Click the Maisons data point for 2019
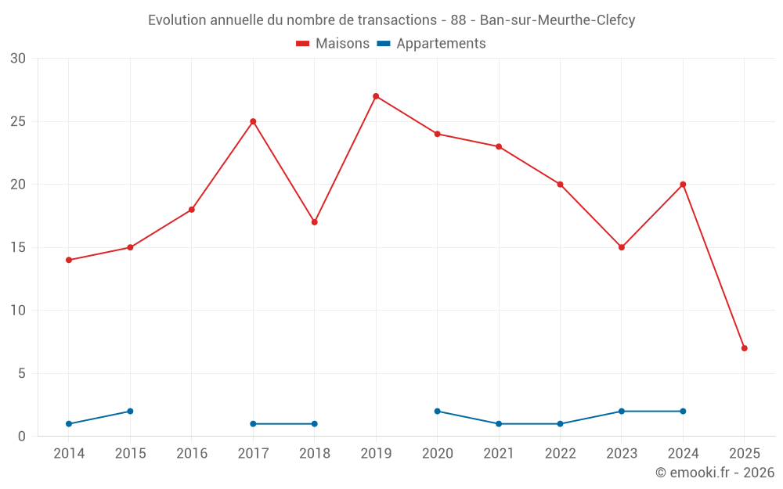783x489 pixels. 376,96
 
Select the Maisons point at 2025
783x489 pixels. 744,348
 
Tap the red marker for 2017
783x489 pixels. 253,121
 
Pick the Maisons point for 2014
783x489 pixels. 69,260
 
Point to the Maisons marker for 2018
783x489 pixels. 314,222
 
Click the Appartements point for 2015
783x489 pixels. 130,411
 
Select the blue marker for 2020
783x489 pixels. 437,411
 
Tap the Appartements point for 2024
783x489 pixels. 683,411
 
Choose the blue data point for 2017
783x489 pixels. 253,423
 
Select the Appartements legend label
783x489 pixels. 441,44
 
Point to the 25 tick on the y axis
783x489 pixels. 18,121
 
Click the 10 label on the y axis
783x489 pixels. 18,311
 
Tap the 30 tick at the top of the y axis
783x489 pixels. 18,59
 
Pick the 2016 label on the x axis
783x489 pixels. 192,454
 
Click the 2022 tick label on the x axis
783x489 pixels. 560,454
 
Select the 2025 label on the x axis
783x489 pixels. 744,454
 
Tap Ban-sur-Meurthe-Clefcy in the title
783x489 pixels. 557,20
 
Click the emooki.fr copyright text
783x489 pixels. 715,473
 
